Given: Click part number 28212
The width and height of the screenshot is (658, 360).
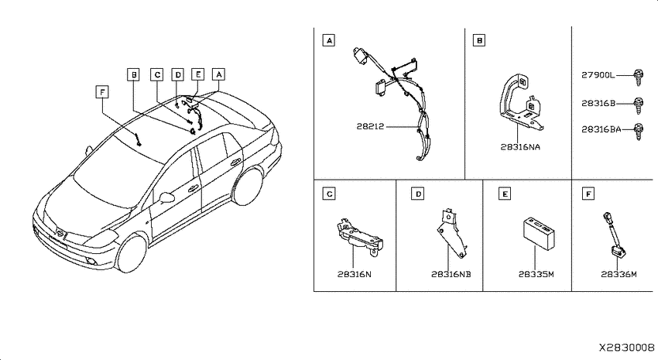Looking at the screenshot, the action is [370, 126].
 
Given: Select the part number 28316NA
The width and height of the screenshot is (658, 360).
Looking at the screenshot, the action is [520, 147].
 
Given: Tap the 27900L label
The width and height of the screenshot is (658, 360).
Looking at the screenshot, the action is [598, 75].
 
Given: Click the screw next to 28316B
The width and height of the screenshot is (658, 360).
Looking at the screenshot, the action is [638, 105].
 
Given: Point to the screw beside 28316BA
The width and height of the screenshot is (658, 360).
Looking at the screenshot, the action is [638, 132].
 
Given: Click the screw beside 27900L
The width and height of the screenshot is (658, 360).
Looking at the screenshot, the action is [638, 77].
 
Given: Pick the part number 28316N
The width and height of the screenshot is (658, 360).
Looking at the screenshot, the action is [355, 274].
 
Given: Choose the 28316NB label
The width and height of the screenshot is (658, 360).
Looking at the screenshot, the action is [451, 274].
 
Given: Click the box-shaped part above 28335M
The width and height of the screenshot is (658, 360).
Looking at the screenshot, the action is [540, 233].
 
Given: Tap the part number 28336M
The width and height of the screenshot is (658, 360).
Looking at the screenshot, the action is [619, 274].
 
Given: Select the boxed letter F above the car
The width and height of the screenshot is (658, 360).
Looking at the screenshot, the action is [102, 91].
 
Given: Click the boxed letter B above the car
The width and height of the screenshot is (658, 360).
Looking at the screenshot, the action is [133, 74].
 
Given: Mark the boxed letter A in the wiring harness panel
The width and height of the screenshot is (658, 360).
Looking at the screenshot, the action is [329, 40].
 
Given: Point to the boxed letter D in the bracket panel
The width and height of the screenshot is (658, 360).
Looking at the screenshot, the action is [418, 194].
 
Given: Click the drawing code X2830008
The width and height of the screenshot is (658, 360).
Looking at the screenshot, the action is [626, 348].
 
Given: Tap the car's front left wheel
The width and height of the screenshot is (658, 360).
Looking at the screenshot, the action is [132, 254].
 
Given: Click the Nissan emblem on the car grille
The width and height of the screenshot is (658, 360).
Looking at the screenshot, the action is [61, 234].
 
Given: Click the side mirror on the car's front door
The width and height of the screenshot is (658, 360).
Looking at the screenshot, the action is [167, 197].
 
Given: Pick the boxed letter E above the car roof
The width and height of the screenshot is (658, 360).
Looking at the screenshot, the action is [197, 74].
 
